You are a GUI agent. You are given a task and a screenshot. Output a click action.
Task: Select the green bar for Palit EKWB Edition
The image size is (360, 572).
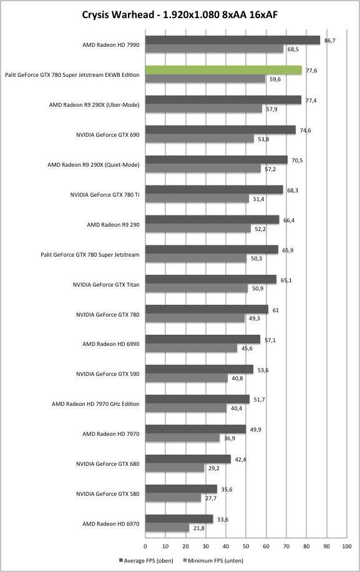click(224, 70)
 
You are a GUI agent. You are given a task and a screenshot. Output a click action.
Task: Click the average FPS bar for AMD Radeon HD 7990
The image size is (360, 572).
click(233, 40)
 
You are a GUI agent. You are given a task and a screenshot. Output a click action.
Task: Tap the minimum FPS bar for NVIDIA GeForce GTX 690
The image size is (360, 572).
click(200, 139)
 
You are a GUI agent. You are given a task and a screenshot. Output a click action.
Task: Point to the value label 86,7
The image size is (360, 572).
click(329, 41)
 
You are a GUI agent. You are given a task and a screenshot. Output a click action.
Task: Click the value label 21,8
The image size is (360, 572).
click(198, 528)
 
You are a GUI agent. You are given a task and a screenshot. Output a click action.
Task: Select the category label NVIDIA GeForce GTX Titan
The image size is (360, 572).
click(106, 285)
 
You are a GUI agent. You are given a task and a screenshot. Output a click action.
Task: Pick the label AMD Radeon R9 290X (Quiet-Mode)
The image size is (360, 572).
click(94, 165)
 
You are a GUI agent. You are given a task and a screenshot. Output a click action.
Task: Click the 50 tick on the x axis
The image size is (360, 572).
click(246, 546)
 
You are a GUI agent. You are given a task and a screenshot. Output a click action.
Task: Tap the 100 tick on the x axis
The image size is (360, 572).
click(347, 546)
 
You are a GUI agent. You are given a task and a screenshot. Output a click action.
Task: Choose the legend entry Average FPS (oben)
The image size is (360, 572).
click(146, 560)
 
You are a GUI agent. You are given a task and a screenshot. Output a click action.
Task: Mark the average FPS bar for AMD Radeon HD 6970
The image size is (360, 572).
click(179, 519)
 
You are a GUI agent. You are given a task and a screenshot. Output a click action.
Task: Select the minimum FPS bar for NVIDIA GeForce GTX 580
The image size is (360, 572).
click(173, 498)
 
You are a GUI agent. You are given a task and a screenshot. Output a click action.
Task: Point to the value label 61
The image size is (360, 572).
click(276, 310)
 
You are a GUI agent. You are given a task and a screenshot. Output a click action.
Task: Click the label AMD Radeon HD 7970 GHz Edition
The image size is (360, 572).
click(95, 404)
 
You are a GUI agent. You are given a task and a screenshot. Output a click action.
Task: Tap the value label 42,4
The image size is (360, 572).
click(240, 460)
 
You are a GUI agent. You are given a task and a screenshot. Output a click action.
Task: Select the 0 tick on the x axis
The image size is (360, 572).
click(145, 546)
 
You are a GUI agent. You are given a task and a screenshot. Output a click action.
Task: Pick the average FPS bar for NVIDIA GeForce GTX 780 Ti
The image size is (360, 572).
click(214, 190)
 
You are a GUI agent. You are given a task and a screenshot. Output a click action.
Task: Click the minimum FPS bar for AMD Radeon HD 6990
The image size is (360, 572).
click(192, 348)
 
